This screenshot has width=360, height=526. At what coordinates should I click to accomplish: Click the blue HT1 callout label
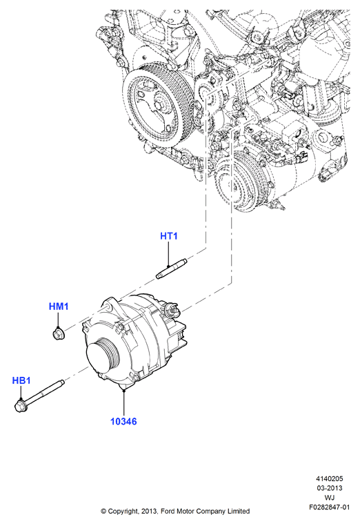coord(168,236)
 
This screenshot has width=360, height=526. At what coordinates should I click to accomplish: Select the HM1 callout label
coord(59,306)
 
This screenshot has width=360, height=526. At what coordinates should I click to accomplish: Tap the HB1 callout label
coord(21,381)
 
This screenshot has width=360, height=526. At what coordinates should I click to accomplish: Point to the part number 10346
coord(123,421)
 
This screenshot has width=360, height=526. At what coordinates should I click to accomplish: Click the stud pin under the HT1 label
coord(172,269)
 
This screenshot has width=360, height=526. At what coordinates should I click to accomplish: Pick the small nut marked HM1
coord(59,333)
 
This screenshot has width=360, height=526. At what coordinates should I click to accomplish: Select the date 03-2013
coord(329,488)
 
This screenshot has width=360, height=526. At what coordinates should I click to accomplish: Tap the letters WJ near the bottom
coord(330,498)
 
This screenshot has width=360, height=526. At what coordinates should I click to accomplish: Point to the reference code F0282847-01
coord(329,507)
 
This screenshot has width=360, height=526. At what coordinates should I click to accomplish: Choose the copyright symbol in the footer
coord(104,512)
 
